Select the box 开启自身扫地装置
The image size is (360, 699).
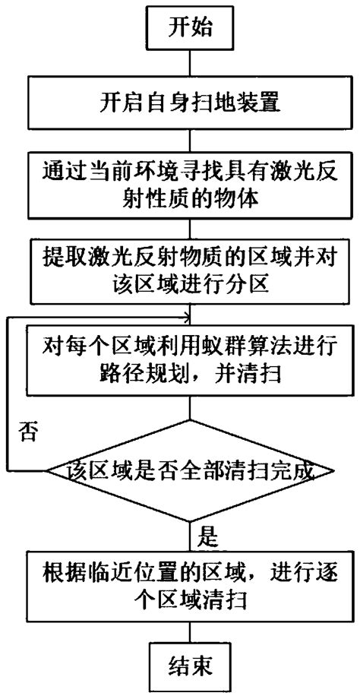click(x=190, y=104)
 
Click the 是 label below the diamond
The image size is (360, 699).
click(x=207, y=538)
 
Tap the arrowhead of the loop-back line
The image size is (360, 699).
click(x=187, y=317)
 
